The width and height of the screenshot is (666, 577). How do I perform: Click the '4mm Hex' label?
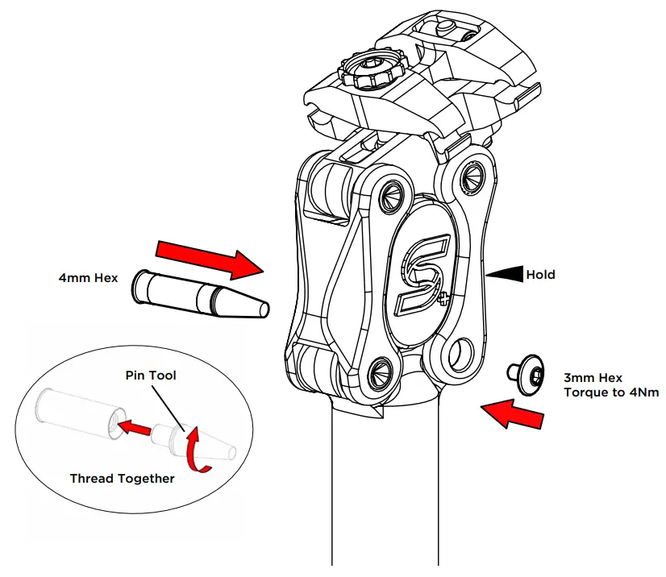click(x=88, y=278)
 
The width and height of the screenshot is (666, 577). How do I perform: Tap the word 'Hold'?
click(x=540, y=275)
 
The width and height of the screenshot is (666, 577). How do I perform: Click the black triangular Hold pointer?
click(x=507, y=275)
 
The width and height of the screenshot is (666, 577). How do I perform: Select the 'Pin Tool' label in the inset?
click(x=150, y=376)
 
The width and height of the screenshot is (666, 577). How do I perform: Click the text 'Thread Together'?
click(x=122, y=478)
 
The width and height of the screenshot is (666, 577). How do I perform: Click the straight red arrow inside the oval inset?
click(x=136, y=428)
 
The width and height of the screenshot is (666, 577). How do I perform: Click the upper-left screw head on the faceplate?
click(x=389, y=191)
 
